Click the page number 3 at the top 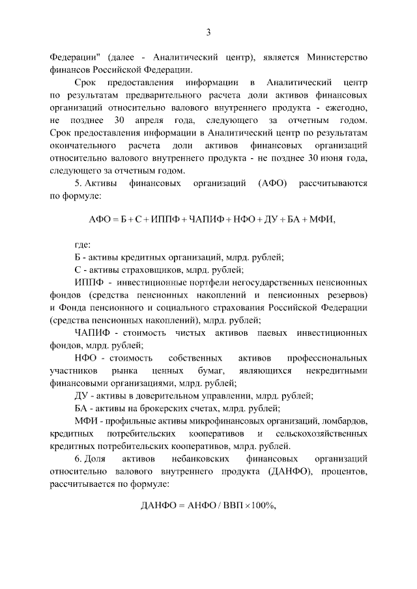click(208, 32)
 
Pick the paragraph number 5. click(79, 184)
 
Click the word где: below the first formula click(82, 245)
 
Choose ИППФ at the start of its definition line click(87, 282)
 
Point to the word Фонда click(76, 308)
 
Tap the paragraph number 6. click(79, 459)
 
